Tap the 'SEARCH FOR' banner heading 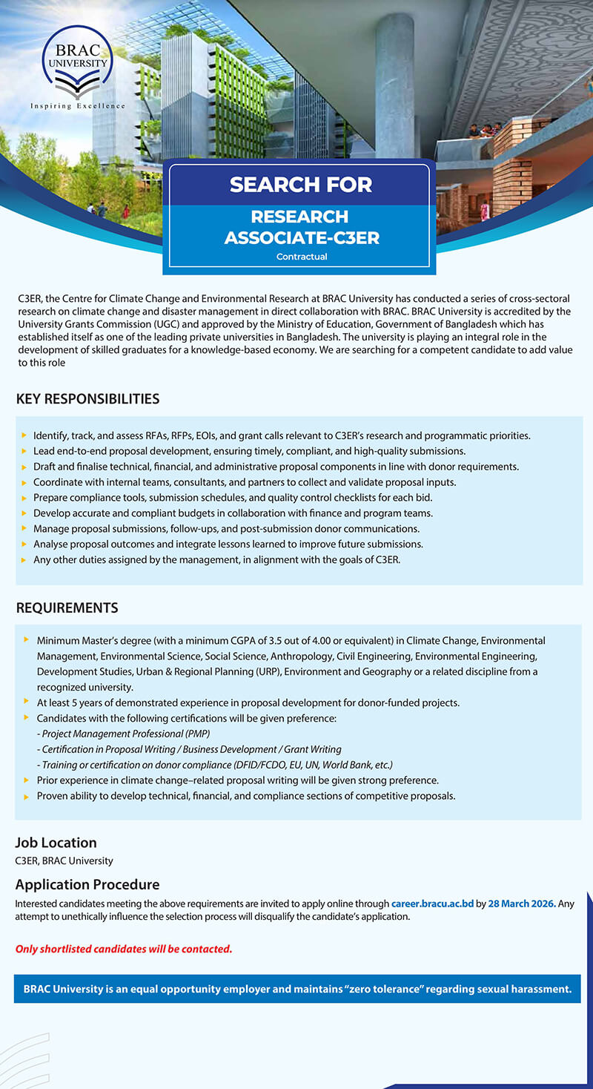(x=300, y=184)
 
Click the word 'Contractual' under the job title (x=302, y=257)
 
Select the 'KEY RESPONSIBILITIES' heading (x=87, y=399)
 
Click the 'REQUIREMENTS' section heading (x=67, y=608)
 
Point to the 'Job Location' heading (x=56, y=843)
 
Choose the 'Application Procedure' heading (x=87, y=884)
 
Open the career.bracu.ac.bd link (x=432, y=904)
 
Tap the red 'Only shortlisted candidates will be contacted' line (x=124, y=949)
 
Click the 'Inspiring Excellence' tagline (x=77, y=106)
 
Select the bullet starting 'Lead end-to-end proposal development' (x=249, y=451)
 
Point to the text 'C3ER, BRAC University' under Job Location (x=64, y=861)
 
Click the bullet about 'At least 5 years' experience (x=248, y=703)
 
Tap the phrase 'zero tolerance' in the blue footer (x=382, y=989)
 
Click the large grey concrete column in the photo (x=394, y=82)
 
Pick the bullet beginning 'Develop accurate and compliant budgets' (x=233, y=513)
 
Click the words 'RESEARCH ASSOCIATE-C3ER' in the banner (x=301, y=227)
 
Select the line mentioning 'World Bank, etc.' (x=214, y=765)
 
